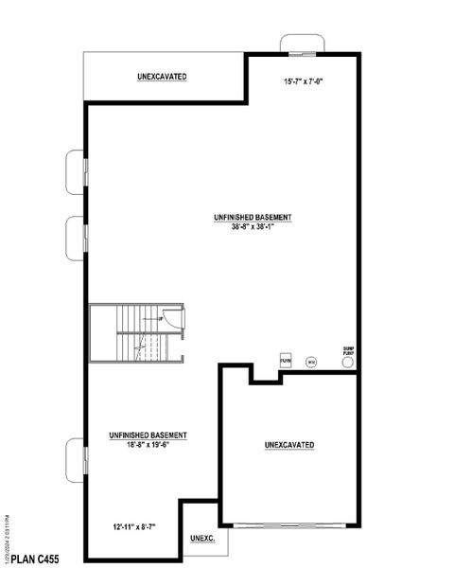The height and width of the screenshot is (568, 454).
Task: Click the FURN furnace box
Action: [x=285, y=361]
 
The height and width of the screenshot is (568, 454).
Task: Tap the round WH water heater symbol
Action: [x=309, y=361]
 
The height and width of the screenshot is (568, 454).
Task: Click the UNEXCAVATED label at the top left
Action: [x=161, y=75]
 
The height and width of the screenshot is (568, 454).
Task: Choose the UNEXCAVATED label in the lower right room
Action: [x=289, y=444]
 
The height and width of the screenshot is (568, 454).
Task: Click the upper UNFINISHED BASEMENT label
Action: [x=253, y=217]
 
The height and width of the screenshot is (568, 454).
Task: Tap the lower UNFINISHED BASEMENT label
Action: [x=147, y=435]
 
